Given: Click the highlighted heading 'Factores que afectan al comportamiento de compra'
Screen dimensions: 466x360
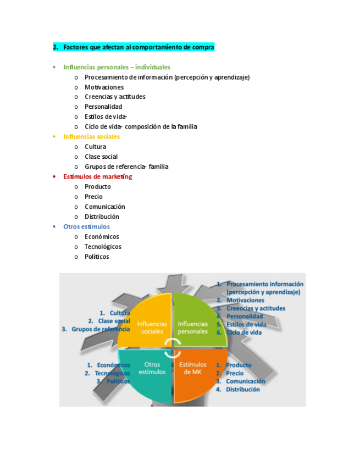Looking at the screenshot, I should coord(138,47).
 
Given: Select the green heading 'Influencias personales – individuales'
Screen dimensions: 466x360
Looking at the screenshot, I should coord(117,67).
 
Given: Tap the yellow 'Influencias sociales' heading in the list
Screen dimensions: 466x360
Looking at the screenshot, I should coord(91,137).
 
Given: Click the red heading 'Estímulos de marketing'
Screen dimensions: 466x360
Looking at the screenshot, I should coord(97,177).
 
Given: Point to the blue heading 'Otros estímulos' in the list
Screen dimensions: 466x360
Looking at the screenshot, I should coord(86,226).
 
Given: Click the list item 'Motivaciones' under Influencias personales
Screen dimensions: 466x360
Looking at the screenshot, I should coord(104,87).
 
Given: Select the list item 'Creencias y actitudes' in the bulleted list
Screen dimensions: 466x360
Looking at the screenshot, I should coord(115,97).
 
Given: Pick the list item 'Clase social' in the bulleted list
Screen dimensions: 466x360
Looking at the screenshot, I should coord(101,157).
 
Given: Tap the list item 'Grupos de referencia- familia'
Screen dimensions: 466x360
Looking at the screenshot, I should coord(126,167).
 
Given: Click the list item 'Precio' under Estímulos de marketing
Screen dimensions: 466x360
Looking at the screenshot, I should coord(93,197).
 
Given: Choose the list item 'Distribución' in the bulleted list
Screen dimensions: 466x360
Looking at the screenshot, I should coord(102,217).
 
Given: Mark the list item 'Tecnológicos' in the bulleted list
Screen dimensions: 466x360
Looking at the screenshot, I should coord(103,247).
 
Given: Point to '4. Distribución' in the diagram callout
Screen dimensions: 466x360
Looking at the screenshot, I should coord(238,390).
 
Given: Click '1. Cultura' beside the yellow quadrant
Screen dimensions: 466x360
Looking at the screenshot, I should coord(115,313).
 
